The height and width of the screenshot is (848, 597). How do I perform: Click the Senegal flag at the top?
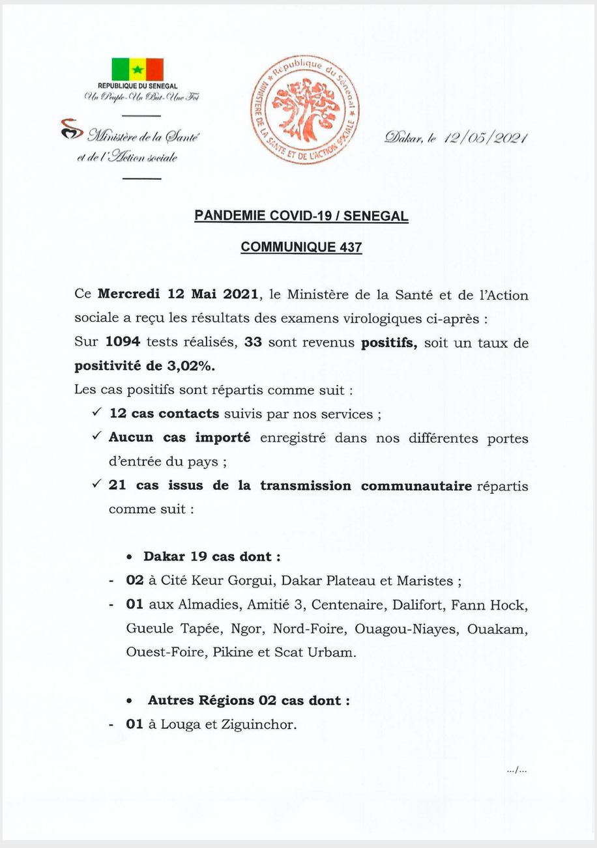(138, 69)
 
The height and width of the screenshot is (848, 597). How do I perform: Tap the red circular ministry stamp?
(305, 109)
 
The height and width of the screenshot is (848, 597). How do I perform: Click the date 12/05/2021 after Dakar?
(485, 137)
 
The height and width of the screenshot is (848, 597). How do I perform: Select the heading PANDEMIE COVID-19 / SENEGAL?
(301, 216)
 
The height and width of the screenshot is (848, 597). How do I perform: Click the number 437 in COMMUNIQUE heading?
(350, 247)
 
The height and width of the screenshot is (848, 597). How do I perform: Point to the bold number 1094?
(123, 342)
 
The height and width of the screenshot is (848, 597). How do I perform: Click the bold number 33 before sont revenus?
(253, 342)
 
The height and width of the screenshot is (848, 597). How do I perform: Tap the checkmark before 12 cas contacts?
(96, 413)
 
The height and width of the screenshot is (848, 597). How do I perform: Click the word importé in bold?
(222, 438)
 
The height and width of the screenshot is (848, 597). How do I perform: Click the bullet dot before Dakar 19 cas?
(130, 558)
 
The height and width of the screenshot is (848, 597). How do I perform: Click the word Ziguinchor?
(260, 724)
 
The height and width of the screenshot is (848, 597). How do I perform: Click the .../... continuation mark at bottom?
(516, 770)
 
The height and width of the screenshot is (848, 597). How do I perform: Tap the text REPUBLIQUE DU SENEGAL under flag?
(138, 86)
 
